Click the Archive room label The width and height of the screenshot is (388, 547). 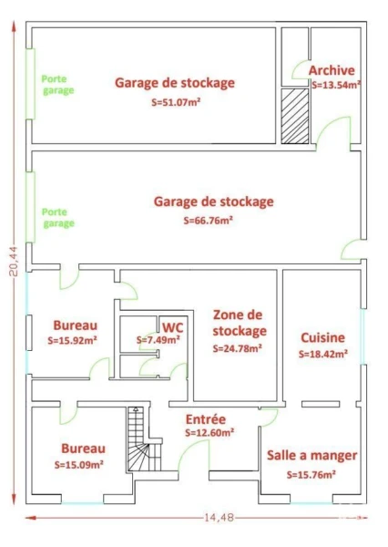332,70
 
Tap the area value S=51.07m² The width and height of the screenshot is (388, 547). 176,102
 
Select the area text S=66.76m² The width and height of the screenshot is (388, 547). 209,221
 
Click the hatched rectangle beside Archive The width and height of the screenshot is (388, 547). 295,116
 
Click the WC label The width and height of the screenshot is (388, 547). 172,328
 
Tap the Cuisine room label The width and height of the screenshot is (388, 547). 322,337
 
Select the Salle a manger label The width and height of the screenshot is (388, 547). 312,455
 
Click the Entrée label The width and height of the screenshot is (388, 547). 206,419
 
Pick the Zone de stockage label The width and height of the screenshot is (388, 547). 240,323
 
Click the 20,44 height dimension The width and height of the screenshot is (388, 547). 14,262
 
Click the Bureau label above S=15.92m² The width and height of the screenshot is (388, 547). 75,325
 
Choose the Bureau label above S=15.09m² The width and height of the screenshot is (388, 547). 83,449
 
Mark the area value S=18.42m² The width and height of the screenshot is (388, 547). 323,354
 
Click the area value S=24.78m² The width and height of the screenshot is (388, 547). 238,348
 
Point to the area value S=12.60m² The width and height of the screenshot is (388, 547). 209,432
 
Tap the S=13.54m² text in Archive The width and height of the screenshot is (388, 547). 336,85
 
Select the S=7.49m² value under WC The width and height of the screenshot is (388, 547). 158,339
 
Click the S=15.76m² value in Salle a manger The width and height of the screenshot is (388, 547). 311,474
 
